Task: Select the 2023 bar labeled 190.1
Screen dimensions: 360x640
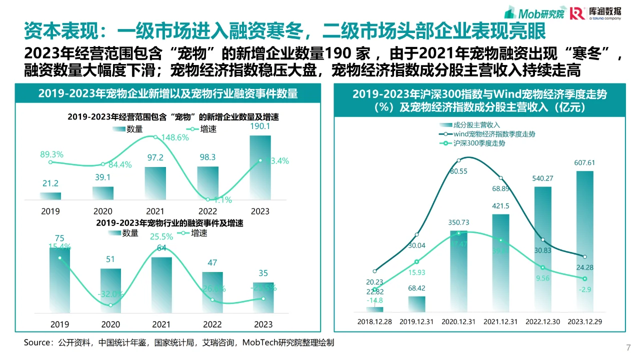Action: pos(260,167)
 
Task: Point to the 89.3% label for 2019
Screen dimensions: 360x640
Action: pos(51,154)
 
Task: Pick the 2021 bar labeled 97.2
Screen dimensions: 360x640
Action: pos(155,183)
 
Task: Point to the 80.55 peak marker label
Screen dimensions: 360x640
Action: pos(458,171)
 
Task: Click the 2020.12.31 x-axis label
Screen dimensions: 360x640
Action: pos(458,321)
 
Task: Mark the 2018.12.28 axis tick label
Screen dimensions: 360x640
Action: pos(374,321)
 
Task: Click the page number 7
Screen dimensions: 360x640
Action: pos(628,347)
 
